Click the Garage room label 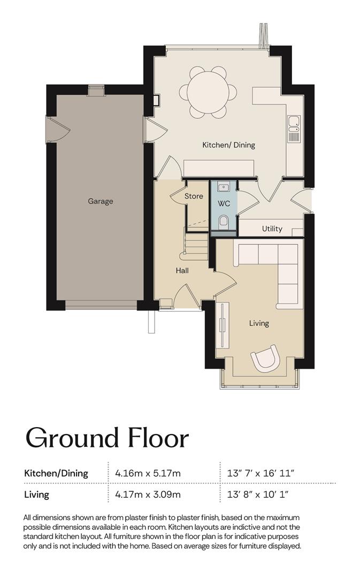click(100, 201)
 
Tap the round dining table click(208, 92)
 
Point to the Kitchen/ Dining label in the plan click(228, 145)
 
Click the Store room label click(194, 196)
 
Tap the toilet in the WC click(224, 222)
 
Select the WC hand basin click(224, 188)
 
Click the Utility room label click(272, 229)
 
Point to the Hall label click(182, 271)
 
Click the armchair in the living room click(265, 358)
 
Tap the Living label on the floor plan click(259, 323)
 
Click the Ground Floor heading click(107, 438)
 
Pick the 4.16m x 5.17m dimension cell click(148, 473)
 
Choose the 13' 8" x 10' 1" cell click(258, 494)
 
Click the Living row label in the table click(36, 495)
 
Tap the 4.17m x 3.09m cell click(148, 494)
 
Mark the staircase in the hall click(196, 245)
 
